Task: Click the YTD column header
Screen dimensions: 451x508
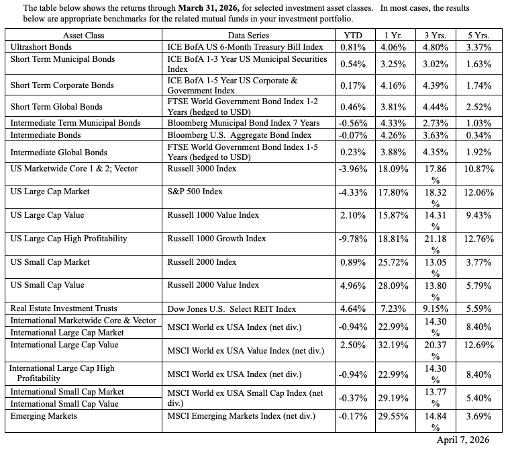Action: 352,35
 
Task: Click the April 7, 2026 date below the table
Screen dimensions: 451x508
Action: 463,439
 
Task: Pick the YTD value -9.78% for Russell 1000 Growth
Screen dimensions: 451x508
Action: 352,239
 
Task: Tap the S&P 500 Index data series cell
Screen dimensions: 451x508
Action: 195,192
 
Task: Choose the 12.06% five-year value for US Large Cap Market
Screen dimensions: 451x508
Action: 478,192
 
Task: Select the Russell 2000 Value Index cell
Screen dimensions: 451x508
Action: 213,285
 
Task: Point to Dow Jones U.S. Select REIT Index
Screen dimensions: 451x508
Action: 232,308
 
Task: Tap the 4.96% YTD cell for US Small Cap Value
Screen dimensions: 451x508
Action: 352,285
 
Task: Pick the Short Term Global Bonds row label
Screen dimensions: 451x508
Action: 56,106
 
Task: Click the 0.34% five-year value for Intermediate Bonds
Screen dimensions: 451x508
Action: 478,134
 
